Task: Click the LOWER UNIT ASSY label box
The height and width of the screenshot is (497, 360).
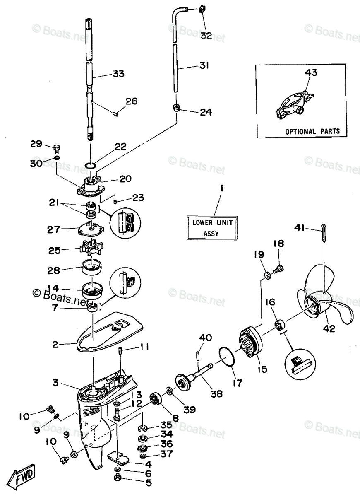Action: pos(212,227)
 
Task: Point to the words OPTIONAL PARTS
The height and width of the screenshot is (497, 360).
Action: pos(312,131)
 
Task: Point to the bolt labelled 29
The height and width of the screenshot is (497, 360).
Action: pos(57,148)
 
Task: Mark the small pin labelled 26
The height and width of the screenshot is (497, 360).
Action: pos(116,113)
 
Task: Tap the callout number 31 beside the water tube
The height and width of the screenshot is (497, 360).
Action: pos(204,65)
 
